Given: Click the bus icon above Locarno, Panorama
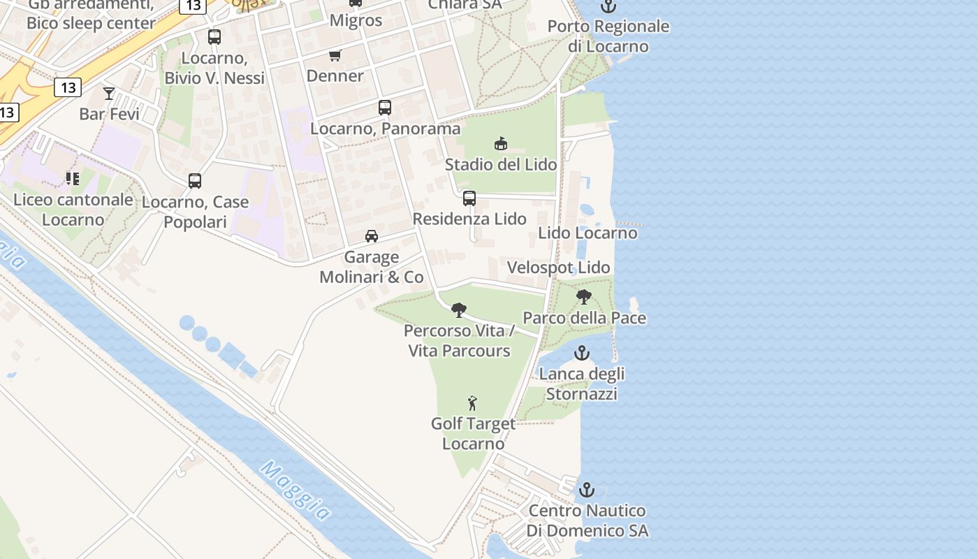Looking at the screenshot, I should point(385,108).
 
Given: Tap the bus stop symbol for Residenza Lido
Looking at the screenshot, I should point(469,198).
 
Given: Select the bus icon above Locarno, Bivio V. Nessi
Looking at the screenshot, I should point(214,37).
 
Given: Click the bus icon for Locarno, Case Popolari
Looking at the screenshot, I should point(195,181).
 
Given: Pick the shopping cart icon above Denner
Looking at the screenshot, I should point(335,55).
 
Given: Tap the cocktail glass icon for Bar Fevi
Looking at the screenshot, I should point(109,93).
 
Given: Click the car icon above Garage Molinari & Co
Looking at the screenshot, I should point(372,236).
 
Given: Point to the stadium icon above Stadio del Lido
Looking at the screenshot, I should point(501,144).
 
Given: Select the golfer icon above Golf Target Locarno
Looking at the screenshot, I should point(473,402).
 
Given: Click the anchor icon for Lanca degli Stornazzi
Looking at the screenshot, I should point(582,353).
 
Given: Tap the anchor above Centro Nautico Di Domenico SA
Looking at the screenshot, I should point(587,489).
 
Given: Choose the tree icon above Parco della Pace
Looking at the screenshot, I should point(584,297).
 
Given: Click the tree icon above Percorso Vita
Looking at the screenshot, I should point(459,310).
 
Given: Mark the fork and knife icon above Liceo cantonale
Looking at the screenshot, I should point(73,179).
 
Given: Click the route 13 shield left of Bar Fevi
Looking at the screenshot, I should point(68,87).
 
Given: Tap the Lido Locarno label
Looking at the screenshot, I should point(587,233).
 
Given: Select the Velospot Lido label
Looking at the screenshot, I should point(559,268).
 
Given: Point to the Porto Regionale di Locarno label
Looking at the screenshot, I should point(608,36).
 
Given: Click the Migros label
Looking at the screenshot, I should point(356,20).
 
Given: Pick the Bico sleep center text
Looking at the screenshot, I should point(91,23).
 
